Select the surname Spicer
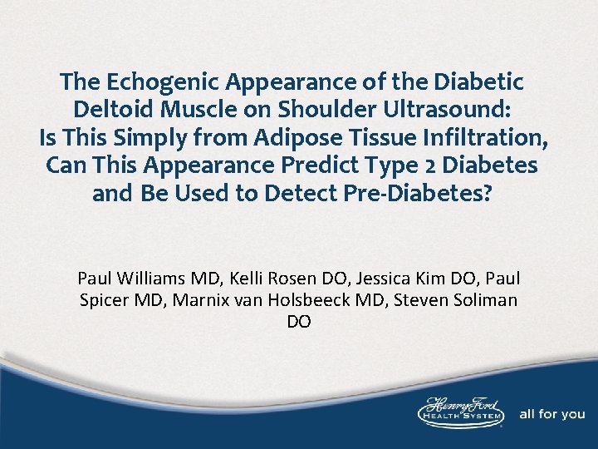(x=105, y=299)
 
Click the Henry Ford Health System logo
(x=462, y=412)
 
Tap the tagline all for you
(x=551, y=413)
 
